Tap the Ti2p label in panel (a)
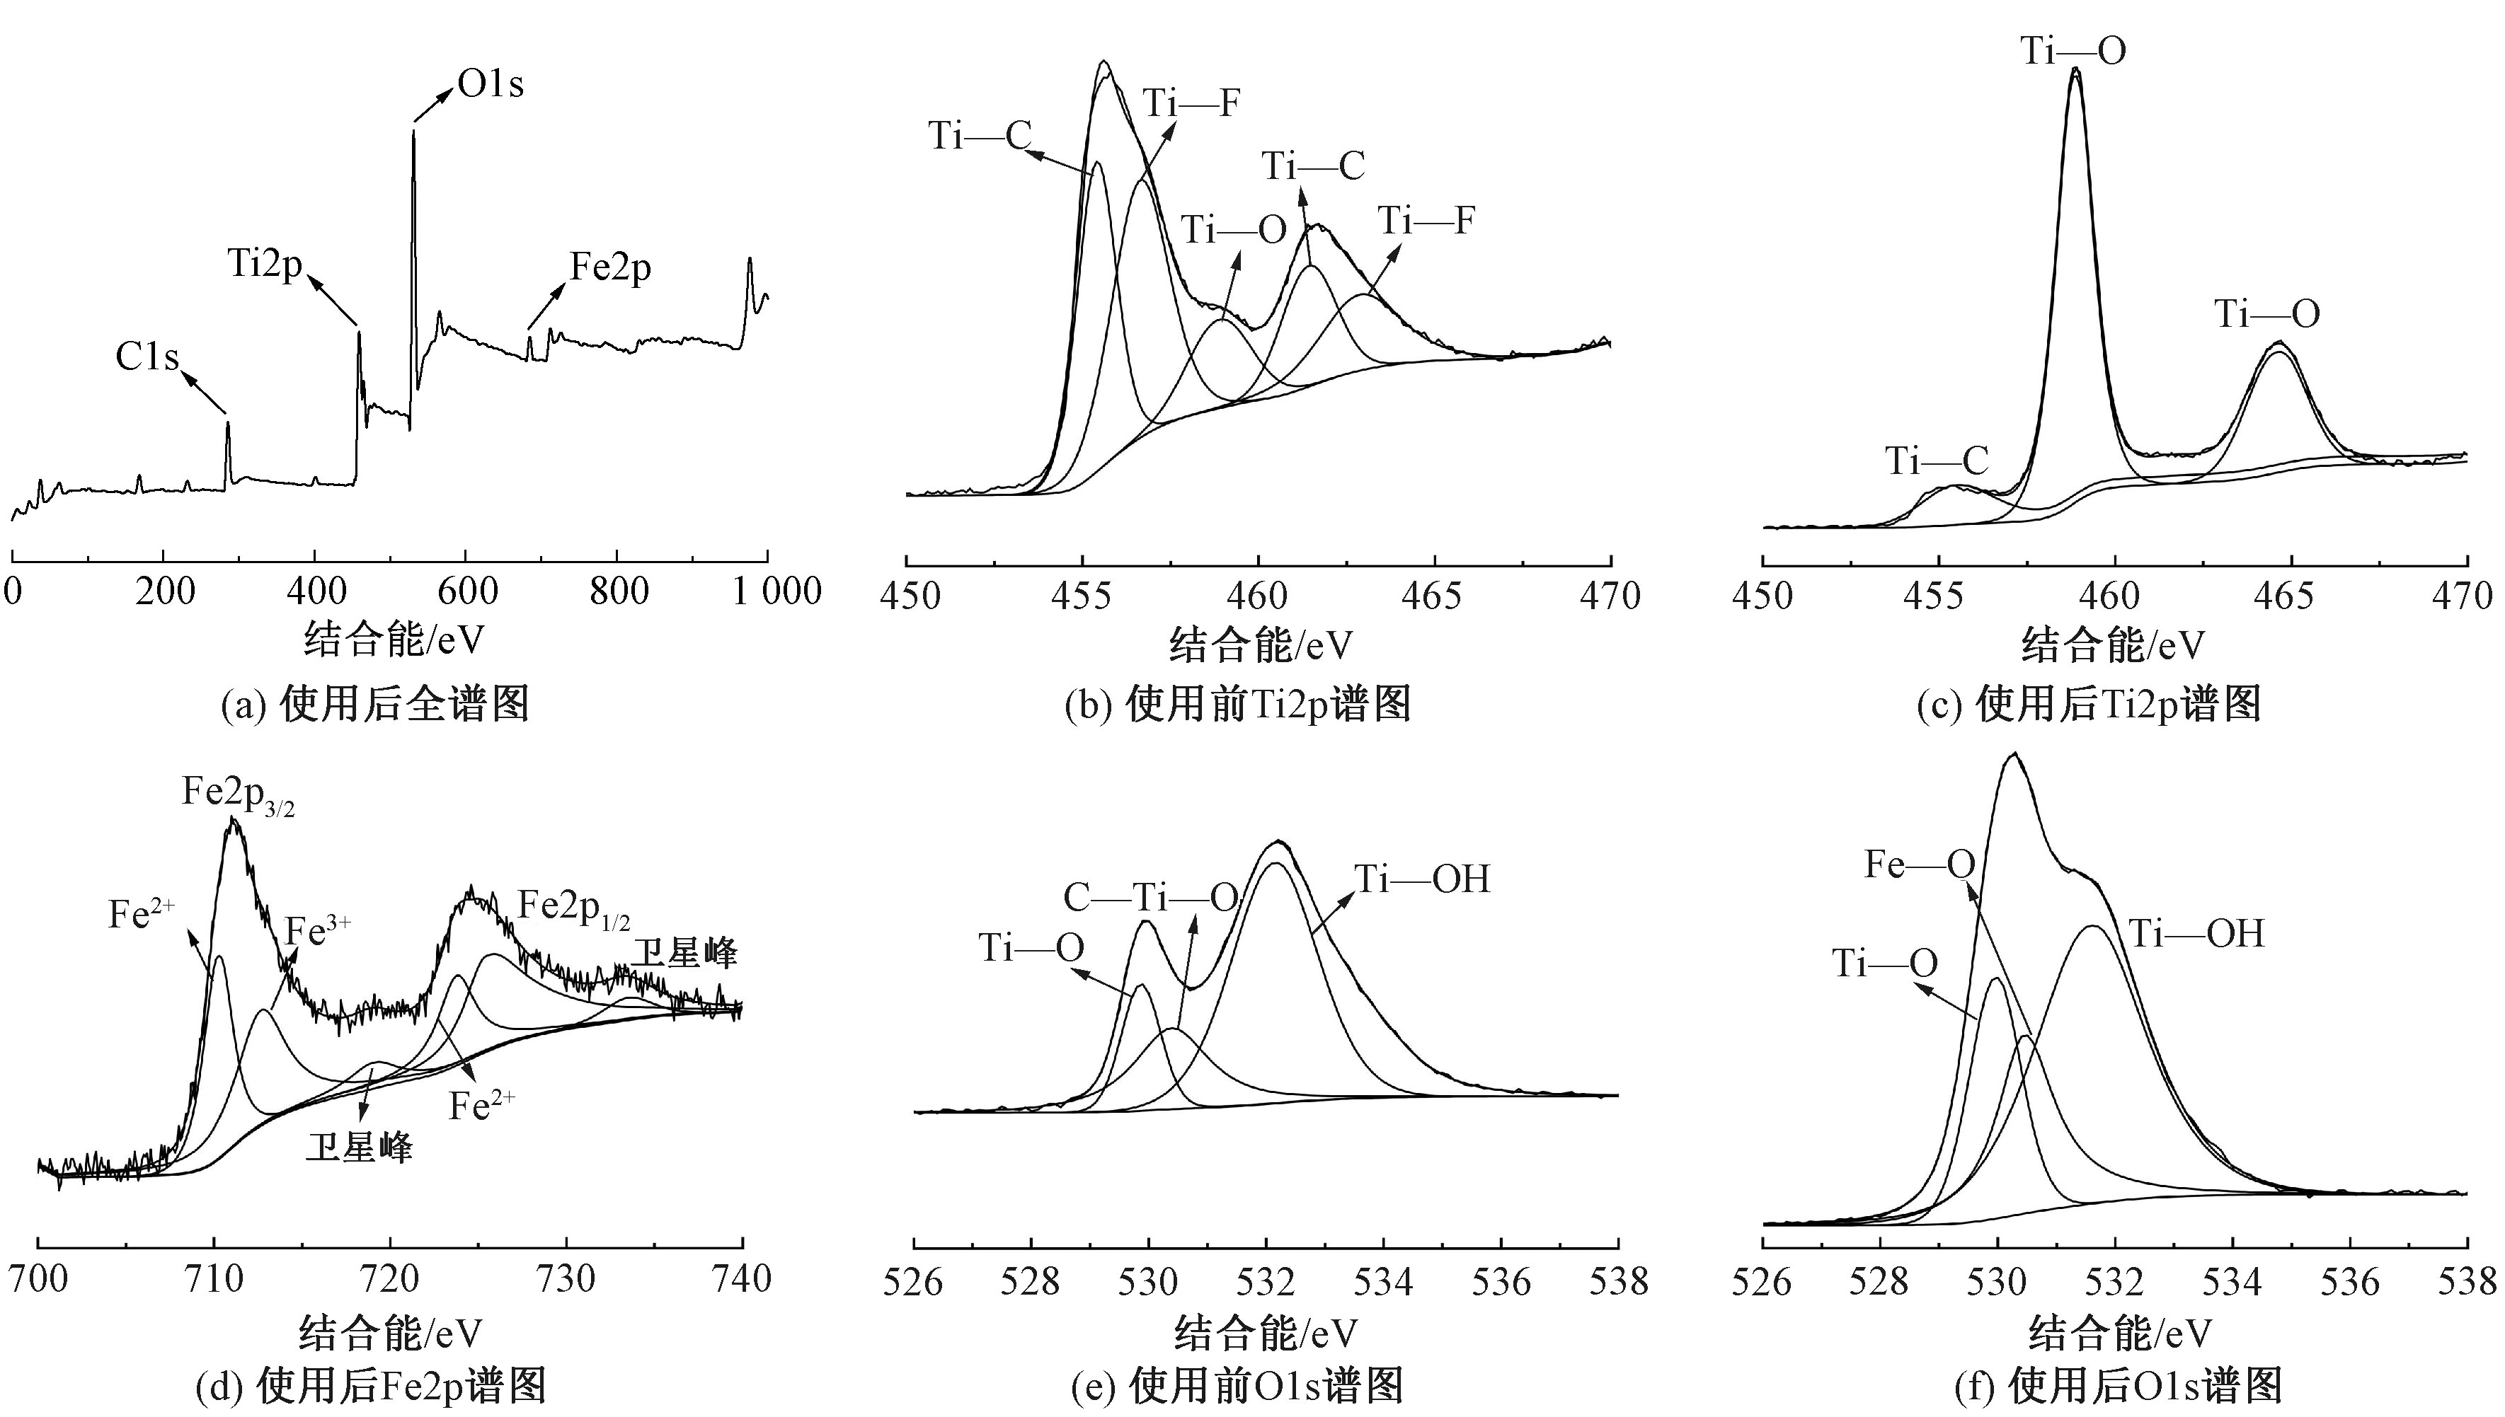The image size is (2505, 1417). (265, 262)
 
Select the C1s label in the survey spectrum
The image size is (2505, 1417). (147, 357)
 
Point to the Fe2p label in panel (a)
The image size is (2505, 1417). (610, 267)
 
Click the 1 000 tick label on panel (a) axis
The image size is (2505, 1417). (777, 591)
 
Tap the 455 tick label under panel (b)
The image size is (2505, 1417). (1082, 596)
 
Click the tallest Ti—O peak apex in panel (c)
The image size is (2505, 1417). (2075, 70)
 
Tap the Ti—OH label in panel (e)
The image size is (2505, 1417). (1423, 880)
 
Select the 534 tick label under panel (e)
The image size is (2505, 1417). (1383, 1282)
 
